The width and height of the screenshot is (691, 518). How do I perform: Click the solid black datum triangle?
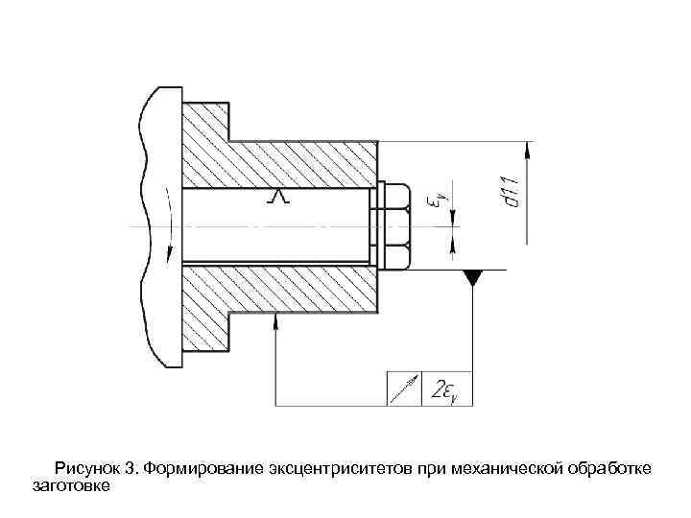tap(472, 277)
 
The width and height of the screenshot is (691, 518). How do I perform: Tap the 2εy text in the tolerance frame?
tap(447, 388)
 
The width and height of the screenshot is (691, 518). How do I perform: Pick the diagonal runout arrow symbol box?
tap(405, 388)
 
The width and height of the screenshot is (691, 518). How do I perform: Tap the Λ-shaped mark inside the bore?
tap(278, 198)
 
